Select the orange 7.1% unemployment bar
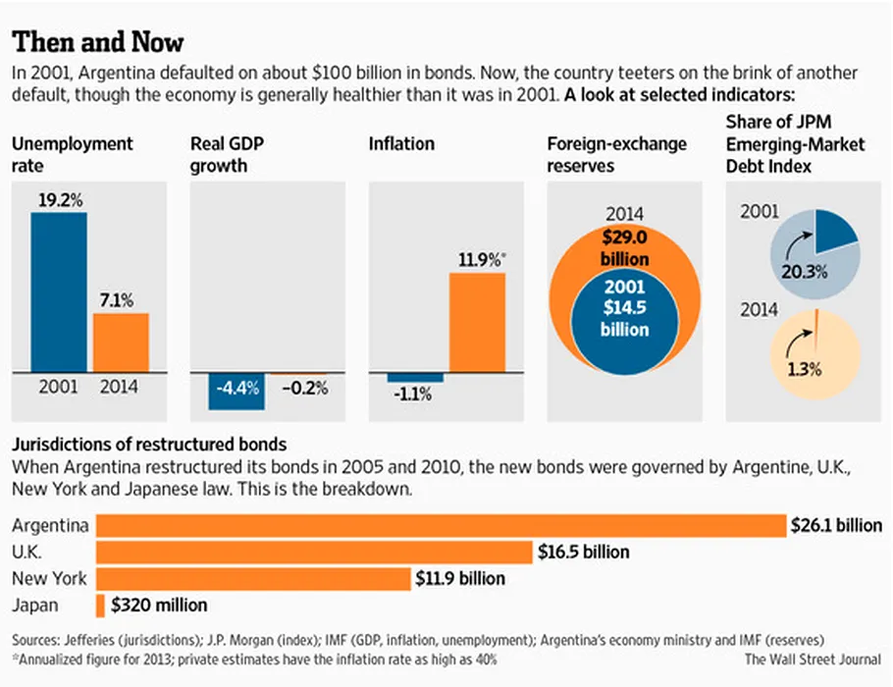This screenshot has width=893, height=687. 121,342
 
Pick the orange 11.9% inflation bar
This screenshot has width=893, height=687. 477,323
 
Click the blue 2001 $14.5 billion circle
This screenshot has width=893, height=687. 624,310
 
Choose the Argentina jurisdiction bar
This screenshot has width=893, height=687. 442,525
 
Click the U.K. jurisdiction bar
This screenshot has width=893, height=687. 314,552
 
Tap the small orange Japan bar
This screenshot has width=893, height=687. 100,606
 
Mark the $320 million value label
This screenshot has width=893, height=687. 159,606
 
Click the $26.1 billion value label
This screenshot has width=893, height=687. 836,526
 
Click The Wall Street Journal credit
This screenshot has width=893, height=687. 812,659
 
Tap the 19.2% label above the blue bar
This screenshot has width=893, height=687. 60,199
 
